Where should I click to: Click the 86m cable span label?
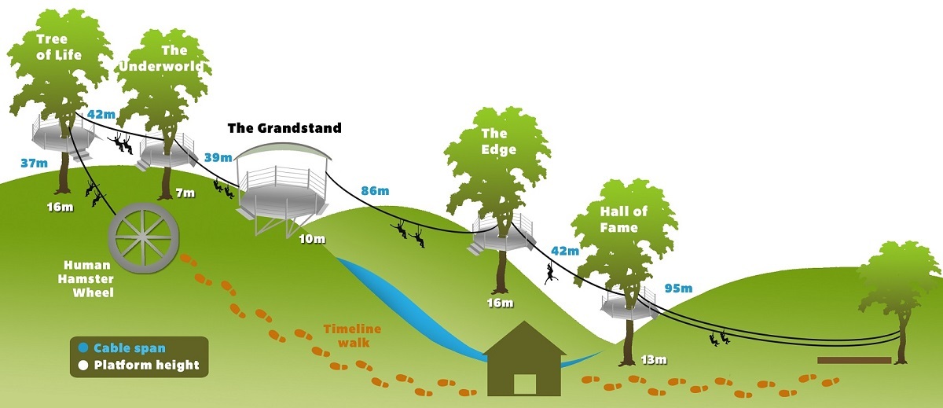tap(374, 190)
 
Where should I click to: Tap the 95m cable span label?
tap(679, 287)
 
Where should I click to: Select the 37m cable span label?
tap(34, 163)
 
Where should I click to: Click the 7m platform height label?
tap(185, 193)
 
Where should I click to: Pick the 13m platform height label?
tap(652, 360)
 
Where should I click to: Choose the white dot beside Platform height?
tap(83, 365)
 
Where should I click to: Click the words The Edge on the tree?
tap(499, 142)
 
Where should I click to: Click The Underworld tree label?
tap(165, 59)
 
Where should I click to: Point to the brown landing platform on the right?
tap(854, 360)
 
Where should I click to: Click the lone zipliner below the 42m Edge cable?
tap(551, 274)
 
